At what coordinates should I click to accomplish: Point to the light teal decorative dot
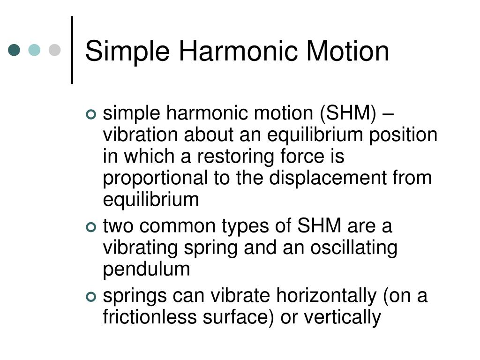pos(35,50)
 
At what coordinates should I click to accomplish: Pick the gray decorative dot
pos(55,50)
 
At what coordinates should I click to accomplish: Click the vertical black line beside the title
pos(72,50)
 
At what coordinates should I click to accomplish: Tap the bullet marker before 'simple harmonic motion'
pos(91,114)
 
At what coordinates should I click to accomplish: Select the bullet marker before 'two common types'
pos(91,227)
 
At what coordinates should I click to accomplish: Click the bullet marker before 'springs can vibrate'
pos(91,297)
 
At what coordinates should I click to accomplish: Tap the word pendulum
pos(147,270)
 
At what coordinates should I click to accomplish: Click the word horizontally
pos(326,296)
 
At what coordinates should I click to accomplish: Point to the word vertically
pos(342,317)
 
